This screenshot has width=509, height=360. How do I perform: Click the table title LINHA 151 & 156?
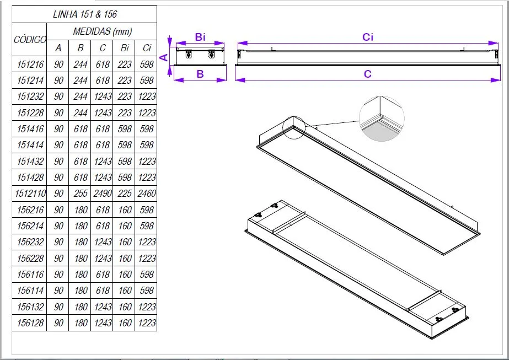[x=85, y=14]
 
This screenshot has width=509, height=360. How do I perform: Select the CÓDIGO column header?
[x=30, y=40]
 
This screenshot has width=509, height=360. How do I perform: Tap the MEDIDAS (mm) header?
[x=103, y=31]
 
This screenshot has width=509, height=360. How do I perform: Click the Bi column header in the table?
[x=125, y=48]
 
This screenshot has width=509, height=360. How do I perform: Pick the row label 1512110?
[x=31, y=194]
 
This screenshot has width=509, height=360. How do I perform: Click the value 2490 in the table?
[x=103, y=194]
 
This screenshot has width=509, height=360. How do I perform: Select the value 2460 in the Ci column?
[x=147, y=194]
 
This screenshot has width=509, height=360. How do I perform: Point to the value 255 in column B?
[x=81, y=194]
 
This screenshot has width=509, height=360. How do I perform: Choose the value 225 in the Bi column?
[x=125, y=194]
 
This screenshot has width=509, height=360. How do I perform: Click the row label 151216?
[x=31, y=65]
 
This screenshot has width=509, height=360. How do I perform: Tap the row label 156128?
[x=31, y=323]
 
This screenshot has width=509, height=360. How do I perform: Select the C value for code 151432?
[x=103, y=162]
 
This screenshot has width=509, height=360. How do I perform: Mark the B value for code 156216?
[x=81, y=210]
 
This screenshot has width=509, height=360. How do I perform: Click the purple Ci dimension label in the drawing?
[x=368, y=37]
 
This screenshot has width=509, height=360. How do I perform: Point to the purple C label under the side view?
[x=368, y=74]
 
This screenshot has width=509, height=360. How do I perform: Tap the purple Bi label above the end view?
[x=200, y=37]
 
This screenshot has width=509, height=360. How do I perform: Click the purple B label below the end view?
[x=200, y=74]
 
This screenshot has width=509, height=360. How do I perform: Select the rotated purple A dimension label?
[x=164, y=57]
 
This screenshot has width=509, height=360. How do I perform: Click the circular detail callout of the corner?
[x=382, y=118]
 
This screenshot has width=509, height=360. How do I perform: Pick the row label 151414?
[x=31, y=145]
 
